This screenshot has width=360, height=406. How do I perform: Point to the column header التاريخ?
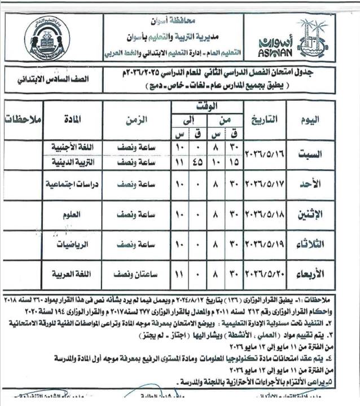[x=264, y=119]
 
